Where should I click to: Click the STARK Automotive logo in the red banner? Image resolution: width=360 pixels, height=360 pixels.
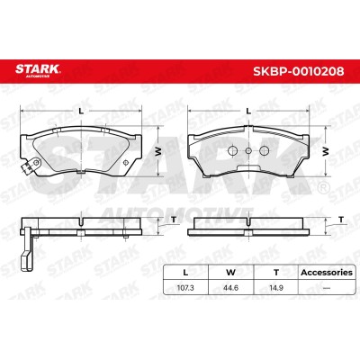(38, 70)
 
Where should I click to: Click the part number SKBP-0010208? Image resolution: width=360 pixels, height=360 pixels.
(299, 71)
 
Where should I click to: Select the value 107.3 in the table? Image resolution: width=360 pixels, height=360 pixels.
(185, 288)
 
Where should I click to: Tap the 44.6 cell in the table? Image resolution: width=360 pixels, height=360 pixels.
(230, 288)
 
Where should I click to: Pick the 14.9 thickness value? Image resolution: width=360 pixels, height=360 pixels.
(276, 288)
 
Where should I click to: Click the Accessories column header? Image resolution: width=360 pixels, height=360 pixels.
(327, 273)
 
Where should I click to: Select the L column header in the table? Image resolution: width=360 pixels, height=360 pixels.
(185, 273)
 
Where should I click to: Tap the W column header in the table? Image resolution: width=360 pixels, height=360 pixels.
(230, 273)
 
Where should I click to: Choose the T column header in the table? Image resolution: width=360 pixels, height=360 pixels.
(276, 273)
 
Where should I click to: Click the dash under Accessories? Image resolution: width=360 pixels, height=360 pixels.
(327, 288)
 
